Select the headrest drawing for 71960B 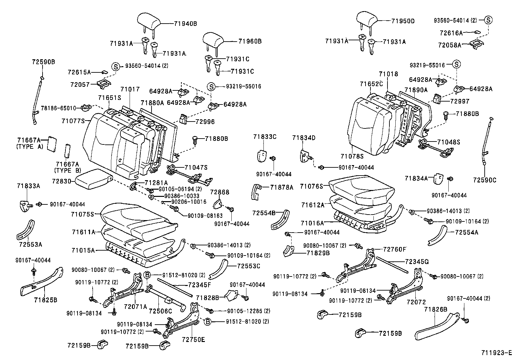coord(213,39)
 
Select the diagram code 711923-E coord(496,353)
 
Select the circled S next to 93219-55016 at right coord(457,65)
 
